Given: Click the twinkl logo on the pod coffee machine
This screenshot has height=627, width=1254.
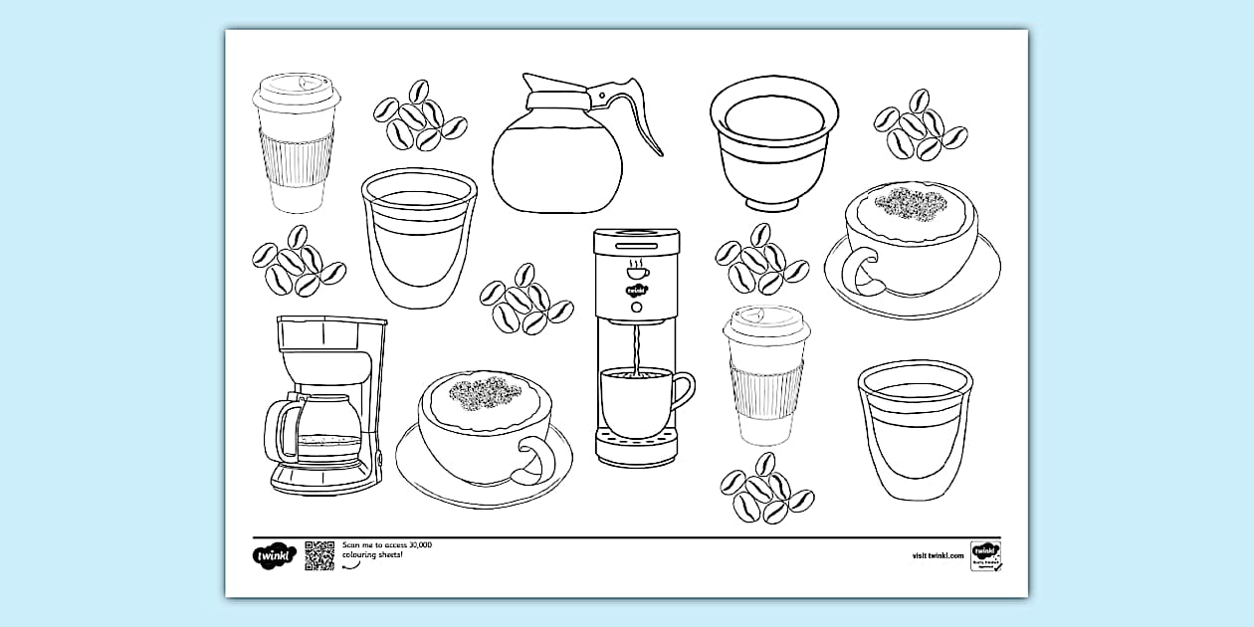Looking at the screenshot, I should click(x=636, y=291).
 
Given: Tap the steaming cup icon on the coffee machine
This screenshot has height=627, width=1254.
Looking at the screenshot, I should click(x=636, y=270).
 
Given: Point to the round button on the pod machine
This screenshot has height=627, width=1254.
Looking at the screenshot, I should click(x=636, y=309).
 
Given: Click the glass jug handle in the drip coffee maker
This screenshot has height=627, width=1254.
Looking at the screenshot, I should click(x=285, y=428).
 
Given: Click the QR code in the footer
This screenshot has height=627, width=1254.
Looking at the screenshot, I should click(x=319, y=555).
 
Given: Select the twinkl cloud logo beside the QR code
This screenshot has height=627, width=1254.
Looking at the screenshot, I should click(x=272, y=555).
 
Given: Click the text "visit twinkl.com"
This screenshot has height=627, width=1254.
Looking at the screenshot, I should click(x=938, y=555).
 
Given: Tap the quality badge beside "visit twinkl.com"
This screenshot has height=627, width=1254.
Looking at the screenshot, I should click(x=985, y=555).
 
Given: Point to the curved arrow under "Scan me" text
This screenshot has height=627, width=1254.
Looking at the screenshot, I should click(x=350, y=566).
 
